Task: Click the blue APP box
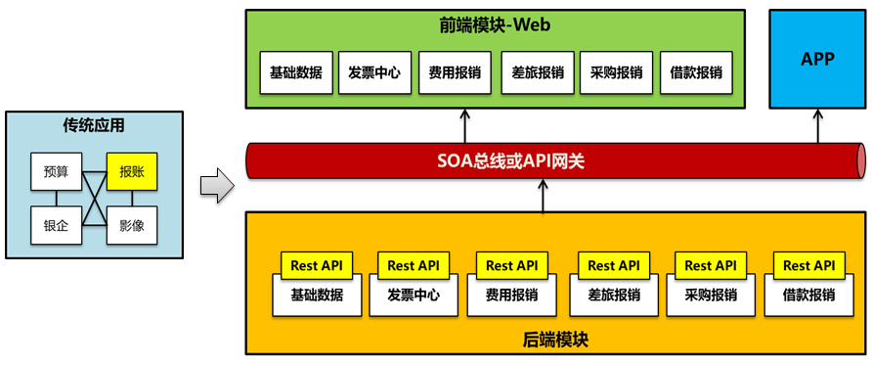point(817,59)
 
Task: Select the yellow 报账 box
point(132,171)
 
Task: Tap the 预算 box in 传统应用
point(56,171)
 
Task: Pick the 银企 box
point(56,225)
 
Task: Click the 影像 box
point(132,225)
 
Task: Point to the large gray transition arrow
point(217,185)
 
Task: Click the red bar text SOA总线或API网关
point(509,161)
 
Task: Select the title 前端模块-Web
point(495,25)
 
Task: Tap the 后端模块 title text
point(555,340)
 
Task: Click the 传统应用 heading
point(94,126)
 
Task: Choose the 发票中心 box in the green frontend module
point(374,72)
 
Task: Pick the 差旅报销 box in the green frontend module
point(538,72)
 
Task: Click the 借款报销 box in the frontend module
point(696,72)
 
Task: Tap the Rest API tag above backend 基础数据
point(317,265)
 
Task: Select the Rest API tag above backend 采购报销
point(710,265)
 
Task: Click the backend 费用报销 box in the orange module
point(512,295)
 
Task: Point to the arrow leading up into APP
point(817,126)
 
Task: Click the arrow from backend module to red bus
point(543,196)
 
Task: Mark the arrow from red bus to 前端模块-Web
point(463,126)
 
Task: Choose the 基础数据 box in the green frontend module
point(296,72)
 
